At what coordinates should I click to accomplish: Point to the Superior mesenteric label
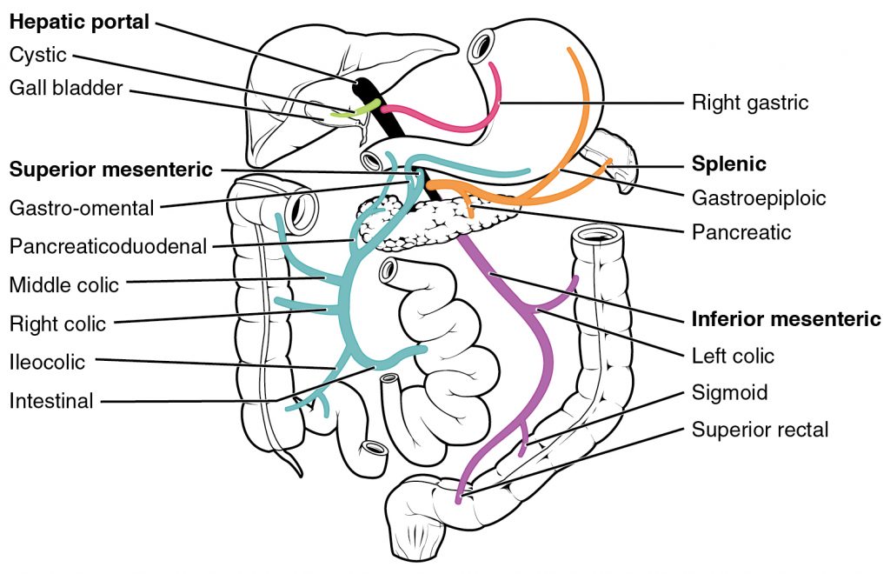110,169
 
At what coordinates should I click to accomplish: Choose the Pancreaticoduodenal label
109,246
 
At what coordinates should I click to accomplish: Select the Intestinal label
51,401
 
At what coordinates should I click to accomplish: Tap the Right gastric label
749,103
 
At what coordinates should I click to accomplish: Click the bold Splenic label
728,164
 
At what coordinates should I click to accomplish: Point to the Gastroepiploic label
758,198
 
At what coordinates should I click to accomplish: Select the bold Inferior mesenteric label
786,318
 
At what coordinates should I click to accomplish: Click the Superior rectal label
760,430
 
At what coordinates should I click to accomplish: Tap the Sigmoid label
729,392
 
